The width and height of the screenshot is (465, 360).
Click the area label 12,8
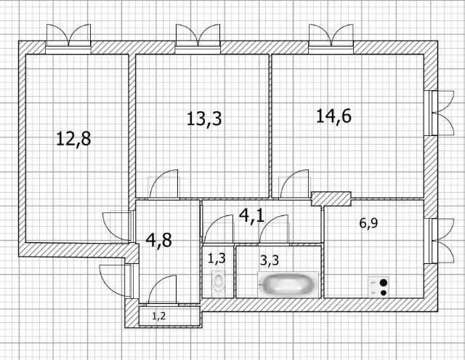[73, 139]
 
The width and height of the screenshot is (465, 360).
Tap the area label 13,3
[204, 119]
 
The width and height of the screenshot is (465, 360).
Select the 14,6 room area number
[333, 116]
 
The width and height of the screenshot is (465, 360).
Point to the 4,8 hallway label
[159, 240]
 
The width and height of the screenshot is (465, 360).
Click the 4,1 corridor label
[251, 215]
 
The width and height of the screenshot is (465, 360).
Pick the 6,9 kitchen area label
[368, 223]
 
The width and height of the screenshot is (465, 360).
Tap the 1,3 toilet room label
[217, 258]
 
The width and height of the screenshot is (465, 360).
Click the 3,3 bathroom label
[270, 260]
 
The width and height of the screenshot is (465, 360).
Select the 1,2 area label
[159, 316]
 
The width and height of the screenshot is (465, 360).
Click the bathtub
[288, 284]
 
